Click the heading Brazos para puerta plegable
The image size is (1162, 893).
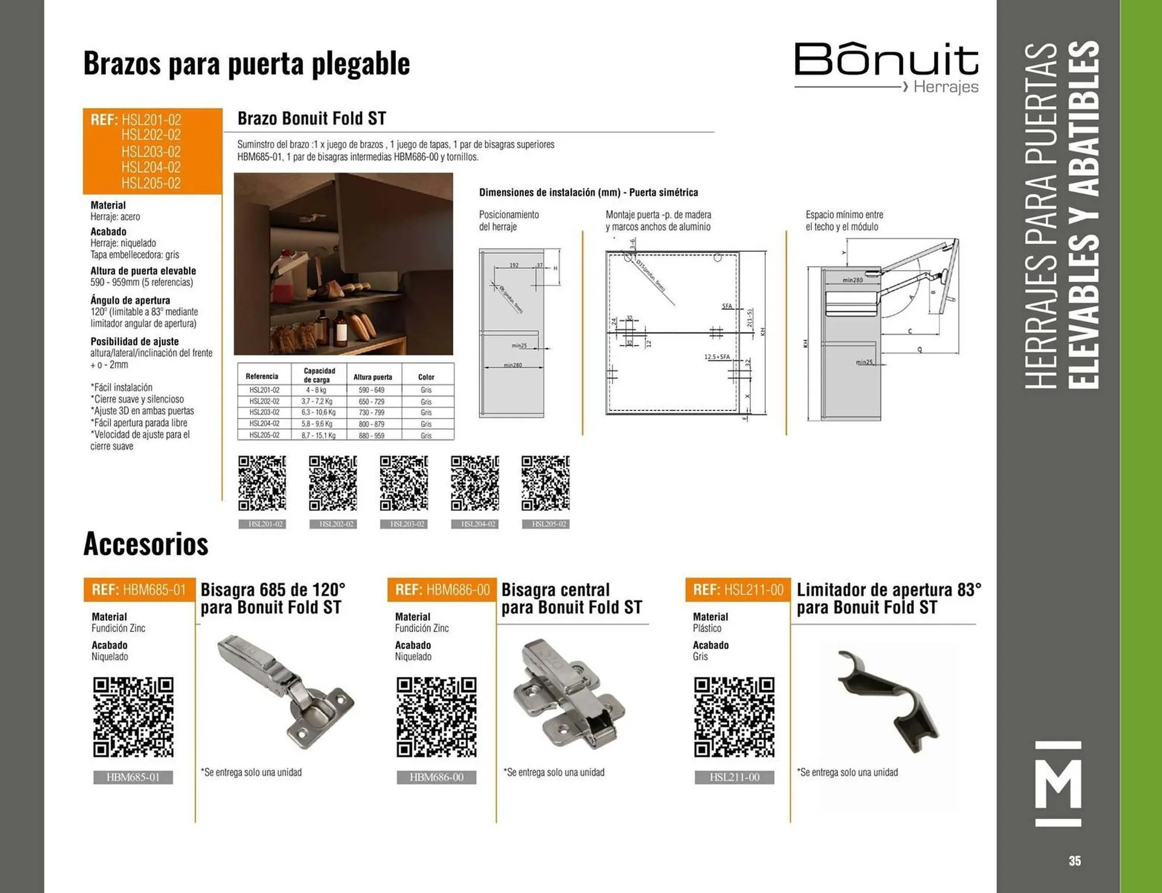pos(246,64)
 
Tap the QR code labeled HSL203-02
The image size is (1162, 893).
pos(404,483)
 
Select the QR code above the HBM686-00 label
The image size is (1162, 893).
pos(436,717)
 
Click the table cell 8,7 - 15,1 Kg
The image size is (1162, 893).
pos(318,435)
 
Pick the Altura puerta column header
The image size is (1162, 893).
pos(373,377)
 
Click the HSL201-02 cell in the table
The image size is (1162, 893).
pos(264,390)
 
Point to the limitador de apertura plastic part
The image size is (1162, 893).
pos(888,700)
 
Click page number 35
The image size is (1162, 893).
pos(1074,860)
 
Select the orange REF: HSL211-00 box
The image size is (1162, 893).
pos(738,590)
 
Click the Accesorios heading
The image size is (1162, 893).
pos(146,544)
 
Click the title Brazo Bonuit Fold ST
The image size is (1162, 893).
pos(312,118)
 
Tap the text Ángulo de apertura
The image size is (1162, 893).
pos(130,300)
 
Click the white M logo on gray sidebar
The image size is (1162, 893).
pos(1058,783)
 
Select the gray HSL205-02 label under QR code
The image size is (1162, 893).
pos(545,524)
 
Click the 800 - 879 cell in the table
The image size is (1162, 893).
pos(371,424)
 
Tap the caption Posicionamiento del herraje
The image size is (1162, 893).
pos(508,220)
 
